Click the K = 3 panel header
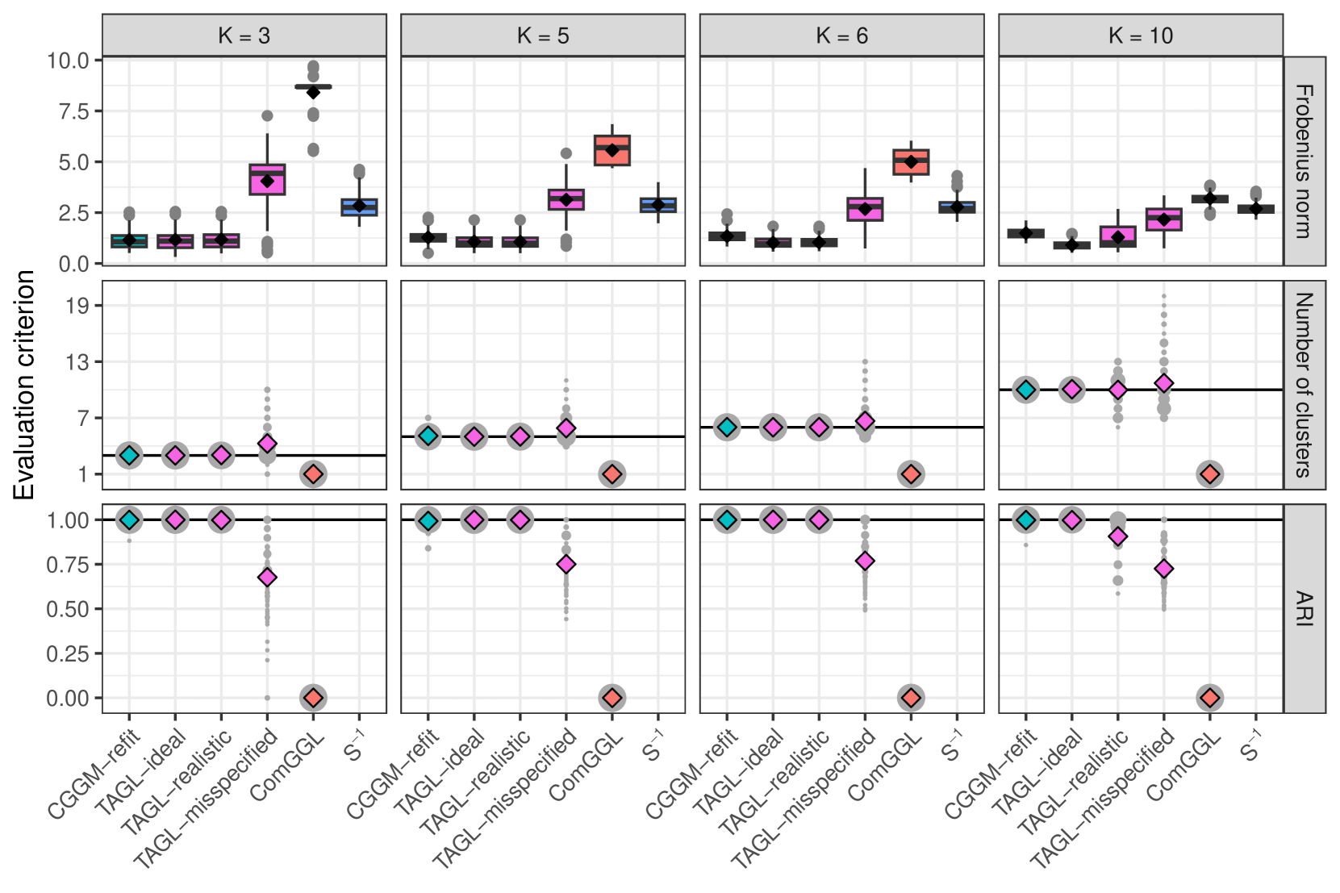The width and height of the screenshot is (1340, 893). tap(244, 35)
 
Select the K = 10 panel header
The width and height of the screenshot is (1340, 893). tap(1140, 35)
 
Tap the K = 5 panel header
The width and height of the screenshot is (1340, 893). tap(542, 35)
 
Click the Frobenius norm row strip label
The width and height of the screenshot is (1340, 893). tap(1304, 161)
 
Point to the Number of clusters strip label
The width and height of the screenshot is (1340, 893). tap(1304, 385)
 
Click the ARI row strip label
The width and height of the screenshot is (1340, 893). tap(1304, 608)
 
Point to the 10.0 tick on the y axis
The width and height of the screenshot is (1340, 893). tap(68, 61)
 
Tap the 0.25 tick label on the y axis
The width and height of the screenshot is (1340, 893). tap(68, 653)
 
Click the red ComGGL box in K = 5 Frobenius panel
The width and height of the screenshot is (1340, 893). tap(612, 151)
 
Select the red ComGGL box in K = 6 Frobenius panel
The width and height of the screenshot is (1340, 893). tap(911, 162)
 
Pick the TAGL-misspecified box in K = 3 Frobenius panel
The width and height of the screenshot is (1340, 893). tap(267, 180)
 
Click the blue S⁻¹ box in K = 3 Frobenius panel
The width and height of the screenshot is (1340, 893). tap(359, 207)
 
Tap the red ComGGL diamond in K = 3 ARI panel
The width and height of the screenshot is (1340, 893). tap(313, 698)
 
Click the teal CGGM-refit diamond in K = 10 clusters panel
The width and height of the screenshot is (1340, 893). tap(1025, 390)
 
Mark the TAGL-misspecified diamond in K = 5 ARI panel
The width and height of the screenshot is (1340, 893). tap(566, 564)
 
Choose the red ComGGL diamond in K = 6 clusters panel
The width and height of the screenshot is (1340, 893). tap(911, 474)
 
